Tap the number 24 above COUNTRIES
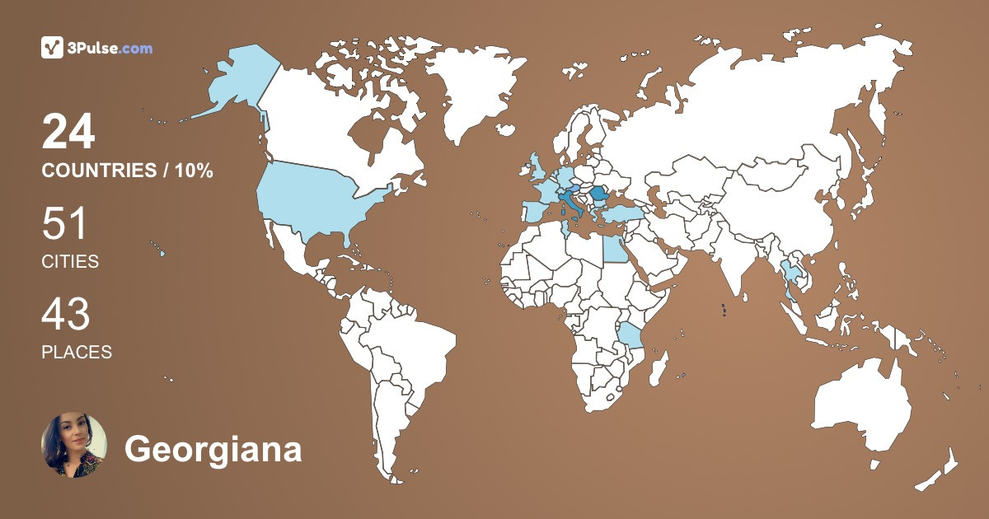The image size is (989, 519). (69, 132)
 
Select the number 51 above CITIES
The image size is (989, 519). (64, 224)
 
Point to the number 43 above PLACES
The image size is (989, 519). (66, 315)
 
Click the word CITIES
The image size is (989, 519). (70, 262)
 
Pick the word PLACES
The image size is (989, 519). (77, 352)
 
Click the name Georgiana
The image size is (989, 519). (213, 450)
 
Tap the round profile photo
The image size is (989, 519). (73, 446)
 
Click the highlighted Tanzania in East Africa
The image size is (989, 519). (630, 338)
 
